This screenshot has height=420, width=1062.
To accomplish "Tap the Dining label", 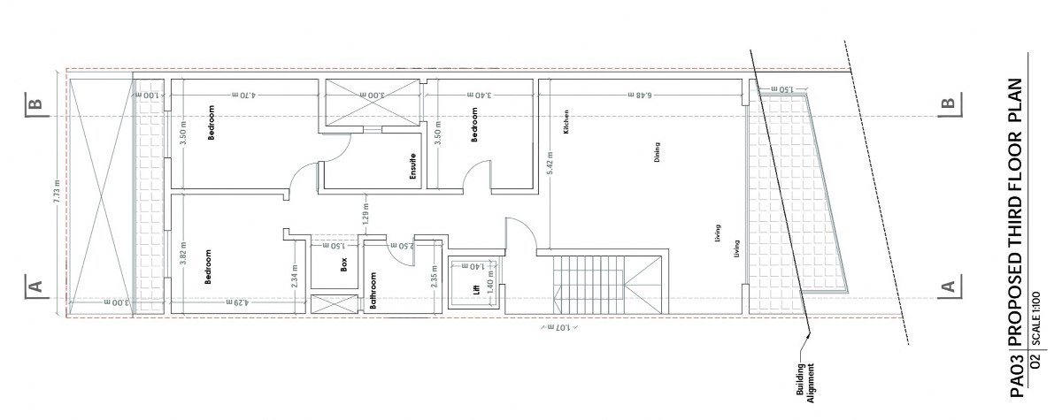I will [658, 154].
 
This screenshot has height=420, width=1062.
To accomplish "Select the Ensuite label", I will [413, 167].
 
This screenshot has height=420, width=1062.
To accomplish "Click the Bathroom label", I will [374, 293].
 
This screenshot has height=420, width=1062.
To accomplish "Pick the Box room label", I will [344, 263].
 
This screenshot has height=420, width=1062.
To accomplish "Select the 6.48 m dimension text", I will [643, 94].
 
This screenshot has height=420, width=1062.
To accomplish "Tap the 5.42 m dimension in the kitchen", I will [550, 165].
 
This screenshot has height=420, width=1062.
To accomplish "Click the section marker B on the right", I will [948, 103].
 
